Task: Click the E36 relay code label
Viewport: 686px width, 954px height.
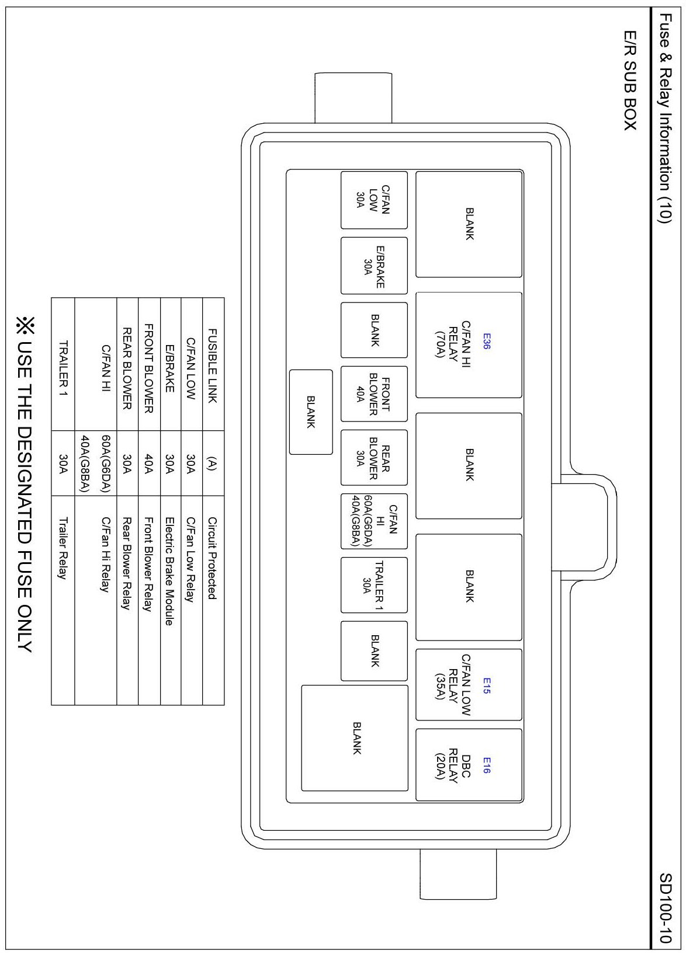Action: tap(486, 342)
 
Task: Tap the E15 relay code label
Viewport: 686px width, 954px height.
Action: tap(486, 685)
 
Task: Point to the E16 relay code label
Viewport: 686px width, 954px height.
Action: tap(486, 765)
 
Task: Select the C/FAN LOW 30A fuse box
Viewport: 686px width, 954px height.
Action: tap(374, 200)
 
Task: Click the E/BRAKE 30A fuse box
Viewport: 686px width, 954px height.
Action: tap(374, 266)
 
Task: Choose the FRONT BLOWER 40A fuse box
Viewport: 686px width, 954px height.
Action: tap(374, 394)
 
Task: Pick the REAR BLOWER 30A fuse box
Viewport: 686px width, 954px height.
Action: tap(374, 458)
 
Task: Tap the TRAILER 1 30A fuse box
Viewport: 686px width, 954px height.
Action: tap(374, 585)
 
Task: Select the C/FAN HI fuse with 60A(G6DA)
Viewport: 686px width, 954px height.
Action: tap(374, 521)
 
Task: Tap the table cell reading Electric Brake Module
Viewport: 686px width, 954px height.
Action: tap(170, 571)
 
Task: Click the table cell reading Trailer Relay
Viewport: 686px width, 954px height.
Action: tap(63, 548)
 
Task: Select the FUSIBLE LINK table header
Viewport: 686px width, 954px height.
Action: tap(213, 365)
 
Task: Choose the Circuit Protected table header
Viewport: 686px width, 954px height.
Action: tap(213, 558)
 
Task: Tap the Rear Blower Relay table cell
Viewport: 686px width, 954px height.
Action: tap(127, 562)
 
